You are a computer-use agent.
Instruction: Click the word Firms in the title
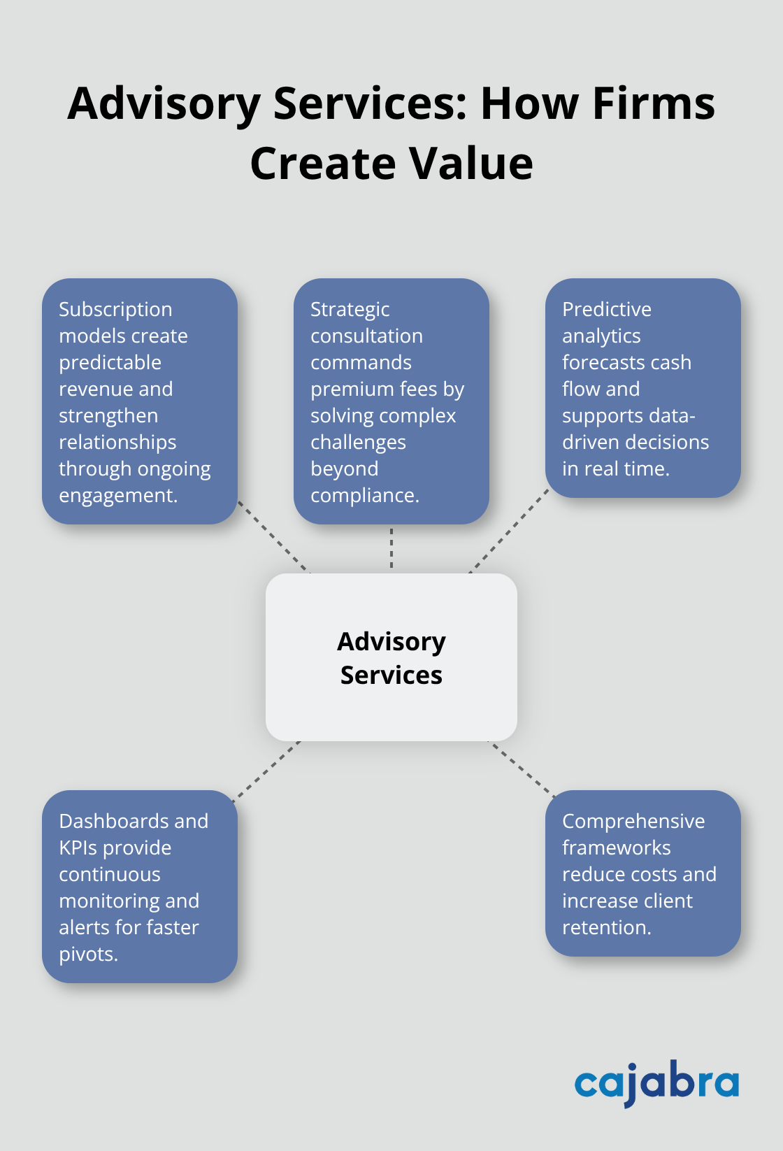pyautogui.click(x=654, y=103)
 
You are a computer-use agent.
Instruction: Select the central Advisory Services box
pyautogui.click(x=391, y=657)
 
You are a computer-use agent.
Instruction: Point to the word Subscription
pyautogui.click(x=115, y=309)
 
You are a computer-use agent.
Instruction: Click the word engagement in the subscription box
pyautogui.click(x=117, y=496)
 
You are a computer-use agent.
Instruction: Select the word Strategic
pyautogui.click(x=350, y=309)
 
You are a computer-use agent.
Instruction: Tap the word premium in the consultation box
pyautogui.click(x=340, y=389)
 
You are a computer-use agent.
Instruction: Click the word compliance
pyautogui.click(x=364, y=496)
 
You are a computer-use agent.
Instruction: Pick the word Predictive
pyautogui.click(x=606, y=309)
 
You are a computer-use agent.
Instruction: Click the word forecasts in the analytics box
pyautogui.click(x=596, y=362)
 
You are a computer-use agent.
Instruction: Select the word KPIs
pyautogui.click(x=78, y=848)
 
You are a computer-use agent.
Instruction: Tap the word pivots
pyautogui.click(x=87, y=954)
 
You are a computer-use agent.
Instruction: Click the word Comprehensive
pyautogui.click(x=633, y=821)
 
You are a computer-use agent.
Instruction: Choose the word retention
pyautogui.click(x=606, y=927)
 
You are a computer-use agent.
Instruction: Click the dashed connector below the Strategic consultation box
pyautogui.click(x=391, y=548)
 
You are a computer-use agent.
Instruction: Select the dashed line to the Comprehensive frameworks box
pyautogui.click(x=522, y=768)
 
